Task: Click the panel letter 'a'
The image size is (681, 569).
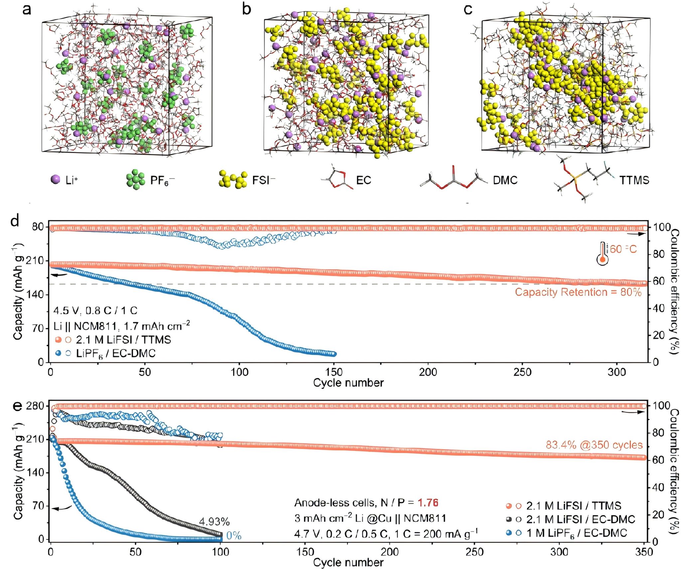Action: pyautogui.click(x=27, y=9)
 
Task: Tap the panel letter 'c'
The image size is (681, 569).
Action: pyautogui.click(x=468, y=9)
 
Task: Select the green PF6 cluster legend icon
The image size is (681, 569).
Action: pyautogui.click(x=135, y=180)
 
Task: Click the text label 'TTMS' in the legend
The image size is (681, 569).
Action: pyautogui.click(x=634, y=180)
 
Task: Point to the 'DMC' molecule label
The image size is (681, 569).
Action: pyautogui.click(x=505, y=180)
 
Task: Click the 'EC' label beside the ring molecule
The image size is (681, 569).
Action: pyautogui.click(x=363, y=180)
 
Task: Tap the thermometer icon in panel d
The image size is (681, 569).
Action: pyautogui.click(x=602, y=253)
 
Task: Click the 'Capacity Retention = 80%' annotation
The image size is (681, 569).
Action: pyautogui.click(x=578, y=292)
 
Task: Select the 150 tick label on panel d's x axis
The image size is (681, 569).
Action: pyautogui.click(x=334, y=372)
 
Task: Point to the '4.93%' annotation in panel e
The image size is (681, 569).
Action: pyautogui.click(x=214, y=521)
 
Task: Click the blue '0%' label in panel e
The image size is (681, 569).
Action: pyautogui.click(x=234, y=536)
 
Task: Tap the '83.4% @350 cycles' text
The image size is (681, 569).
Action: pyautogui.click(x=594, y=445)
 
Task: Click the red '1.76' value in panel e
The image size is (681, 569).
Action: pyautogui.click(x=428, y=502)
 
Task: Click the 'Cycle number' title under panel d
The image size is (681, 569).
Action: pyautogui.click(x=348, y=383)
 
